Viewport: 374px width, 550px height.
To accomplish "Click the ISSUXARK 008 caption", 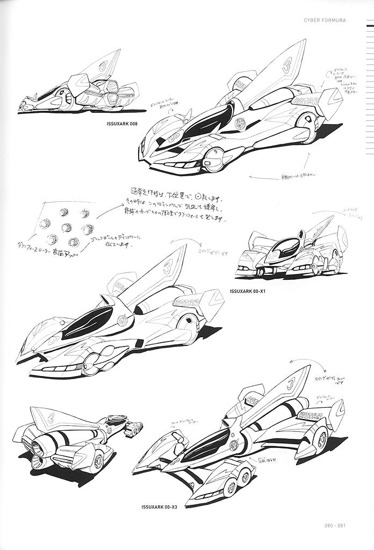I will click(123, 125).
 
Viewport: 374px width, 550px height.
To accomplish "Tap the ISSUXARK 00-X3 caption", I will click(159, 506).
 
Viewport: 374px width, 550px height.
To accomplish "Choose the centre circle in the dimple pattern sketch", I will click(67, 227).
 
